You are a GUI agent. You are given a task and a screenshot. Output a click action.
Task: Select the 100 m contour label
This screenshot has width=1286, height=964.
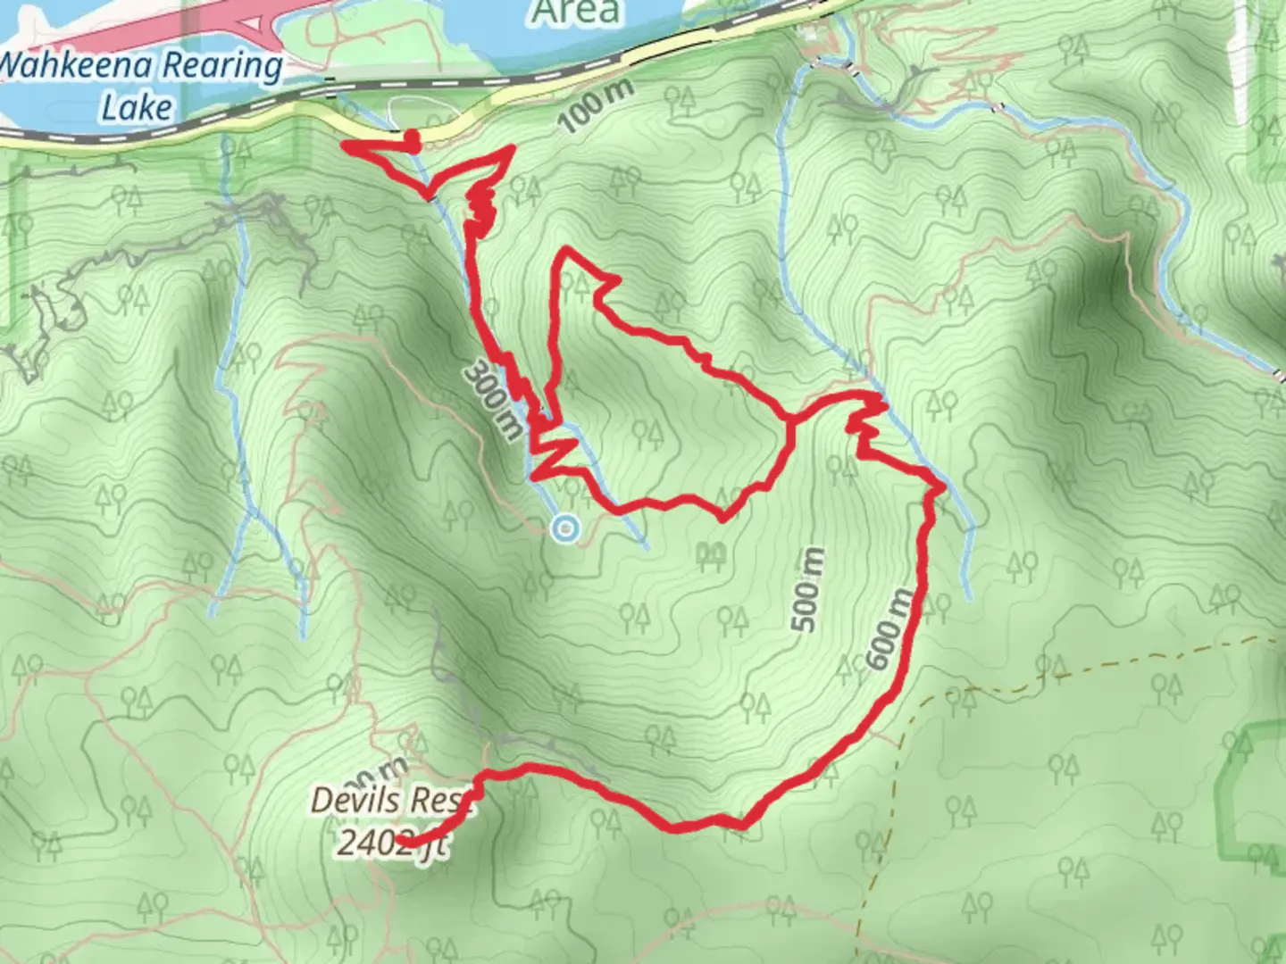(x=598, y=106)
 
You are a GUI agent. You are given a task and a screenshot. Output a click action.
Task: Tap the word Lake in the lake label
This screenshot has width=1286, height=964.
(x=136, y=107)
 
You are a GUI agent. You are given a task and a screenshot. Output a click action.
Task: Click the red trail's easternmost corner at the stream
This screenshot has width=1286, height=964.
(x=942, y=486)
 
